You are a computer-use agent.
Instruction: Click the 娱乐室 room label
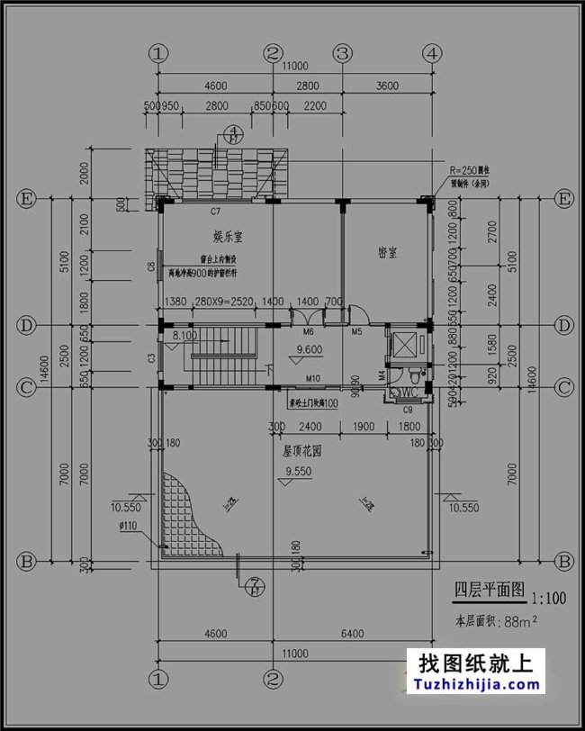[230, 237]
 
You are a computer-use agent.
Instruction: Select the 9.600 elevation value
[310, 348]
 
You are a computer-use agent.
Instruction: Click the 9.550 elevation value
[299, 472]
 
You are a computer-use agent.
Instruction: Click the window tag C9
[407, 411]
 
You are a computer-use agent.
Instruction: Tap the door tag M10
[313, 378]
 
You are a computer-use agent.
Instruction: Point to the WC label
[407, 393]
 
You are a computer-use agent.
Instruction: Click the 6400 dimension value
[352, 635]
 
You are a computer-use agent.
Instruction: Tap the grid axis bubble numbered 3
[342, 54]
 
